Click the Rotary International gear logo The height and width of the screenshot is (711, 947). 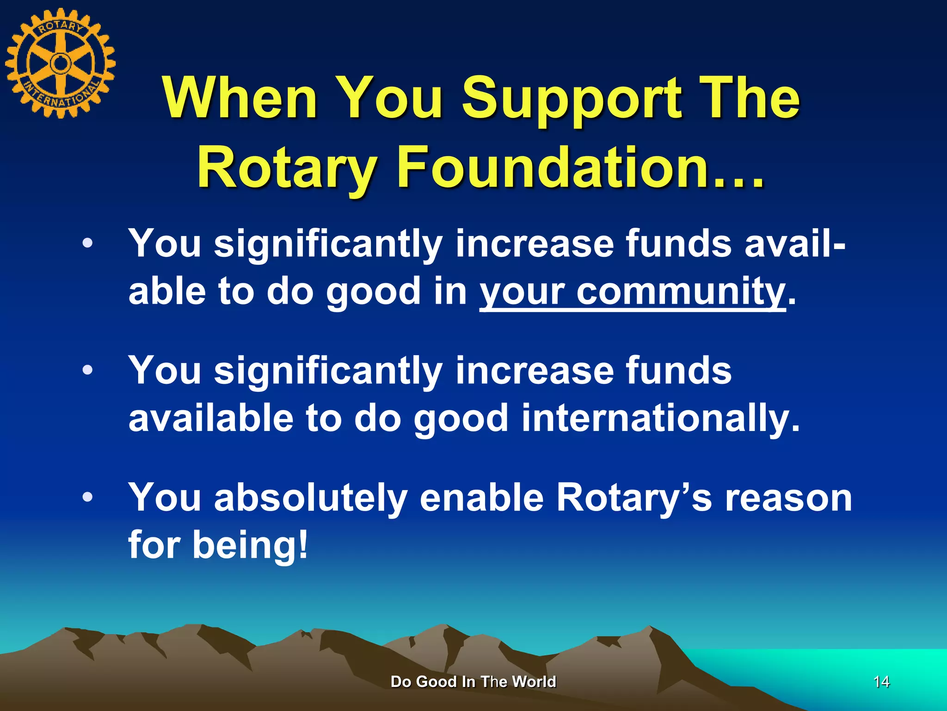point(60,63)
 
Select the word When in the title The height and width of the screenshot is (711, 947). point(240,98)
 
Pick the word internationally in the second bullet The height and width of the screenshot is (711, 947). point(660,418)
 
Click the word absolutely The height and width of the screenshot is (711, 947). point(311,498)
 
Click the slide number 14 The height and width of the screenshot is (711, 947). point(881,682)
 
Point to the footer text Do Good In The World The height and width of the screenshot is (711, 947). point(473,682)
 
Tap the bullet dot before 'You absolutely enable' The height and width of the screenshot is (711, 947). point(87,498)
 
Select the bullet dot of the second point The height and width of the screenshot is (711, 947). point(87,370)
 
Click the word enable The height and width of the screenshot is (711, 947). point(482,498)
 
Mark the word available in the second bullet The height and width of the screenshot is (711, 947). point(211,418)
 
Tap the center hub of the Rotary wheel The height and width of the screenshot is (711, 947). point(60,63)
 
